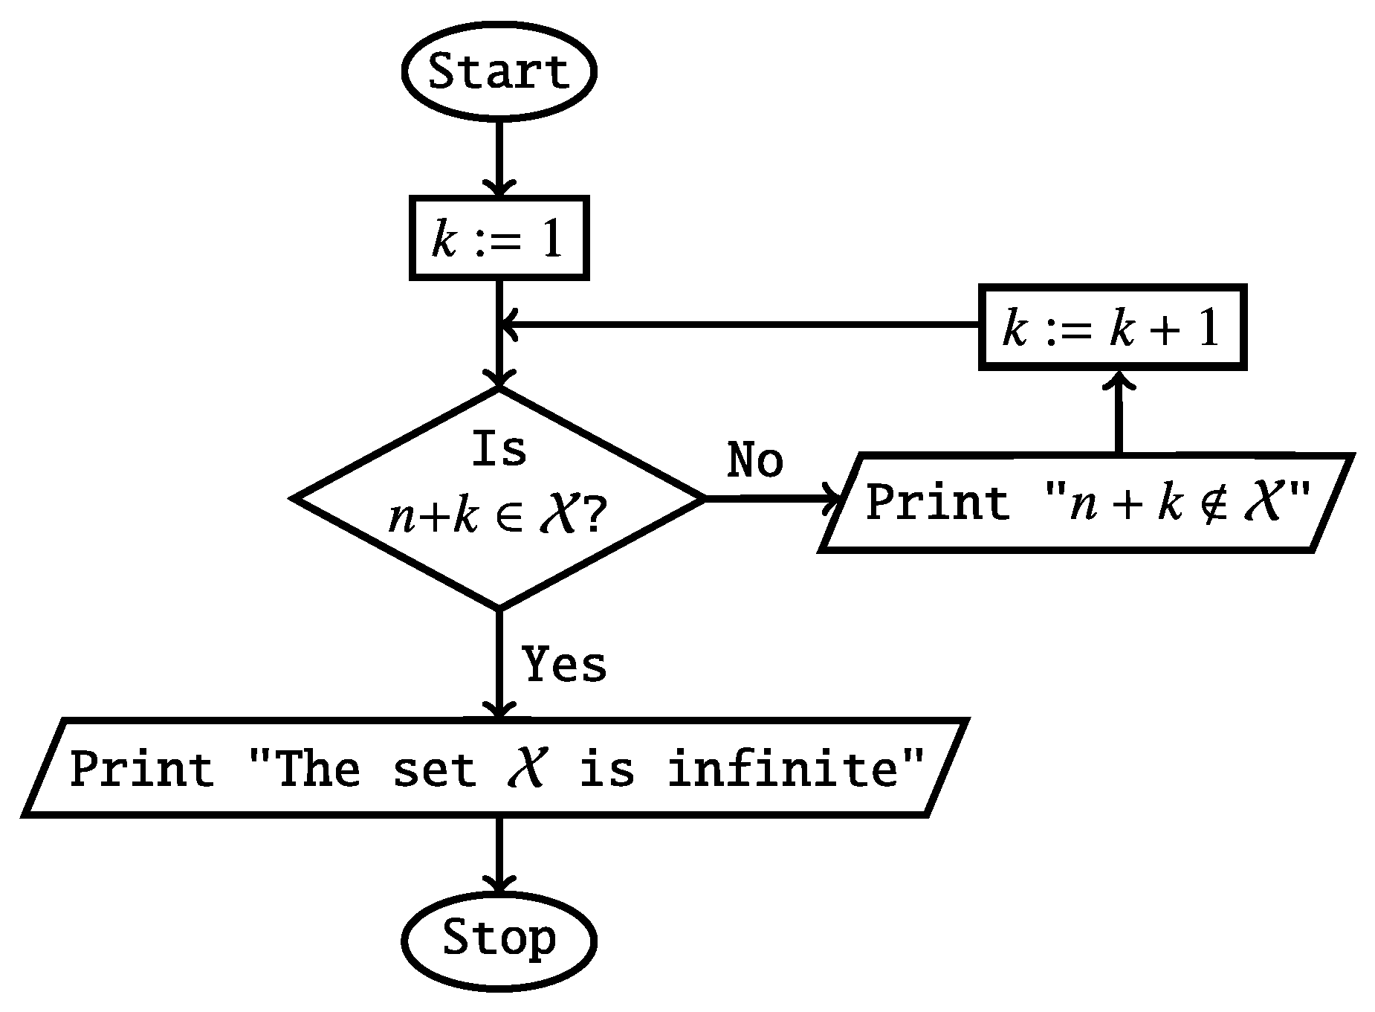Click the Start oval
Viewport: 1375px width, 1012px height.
click(499, 72)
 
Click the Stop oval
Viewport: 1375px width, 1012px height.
click(499, 938)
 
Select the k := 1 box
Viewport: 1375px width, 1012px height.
click(499, 239)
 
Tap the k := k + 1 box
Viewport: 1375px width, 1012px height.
click(1112, 327)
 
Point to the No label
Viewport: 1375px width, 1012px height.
click(754, 460)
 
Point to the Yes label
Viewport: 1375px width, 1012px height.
click(564, 663)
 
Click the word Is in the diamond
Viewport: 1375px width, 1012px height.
click(499, 450)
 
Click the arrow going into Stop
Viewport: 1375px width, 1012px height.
click(499, 855)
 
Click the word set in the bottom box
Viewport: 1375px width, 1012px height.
click(435, 768)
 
